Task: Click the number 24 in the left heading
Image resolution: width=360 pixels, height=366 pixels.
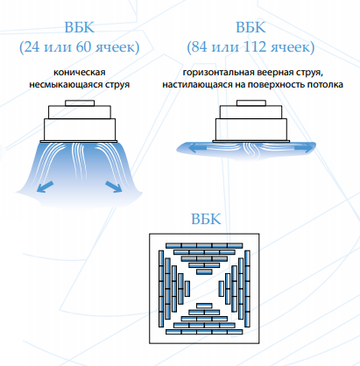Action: click(x=32, y=47)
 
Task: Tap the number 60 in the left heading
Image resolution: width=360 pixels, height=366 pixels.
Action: click(x=84, y=47)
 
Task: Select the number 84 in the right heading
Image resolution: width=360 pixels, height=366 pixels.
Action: click(x=200, y=47)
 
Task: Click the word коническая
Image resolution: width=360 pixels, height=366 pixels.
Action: click(x=80, y=72)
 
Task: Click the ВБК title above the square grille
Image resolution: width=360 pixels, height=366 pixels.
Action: click(x=206, y=219)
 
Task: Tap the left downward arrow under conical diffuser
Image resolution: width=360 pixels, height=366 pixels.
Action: click(x=46, y=187)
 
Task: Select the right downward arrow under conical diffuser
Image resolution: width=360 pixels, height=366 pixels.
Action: click(x=114, y=187)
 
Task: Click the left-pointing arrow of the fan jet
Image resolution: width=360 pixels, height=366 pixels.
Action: click(x=199, y=149)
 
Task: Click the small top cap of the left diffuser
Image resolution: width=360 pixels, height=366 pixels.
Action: click(x=80, y=103)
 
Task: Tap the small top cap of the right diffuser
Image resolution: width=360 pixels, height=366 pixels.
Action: click(x=251, y=103)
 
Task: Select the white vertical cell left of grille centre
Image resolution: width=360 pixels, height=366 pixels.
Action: click(x=187, y=289)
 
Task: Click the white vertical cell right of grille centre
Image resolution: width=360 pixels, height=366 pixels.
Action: click(x=222, y=289)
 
